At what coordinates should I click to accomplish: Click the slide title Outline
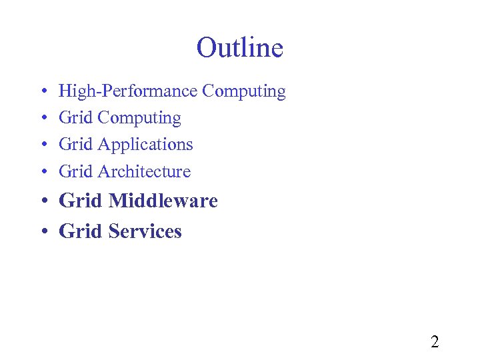pos(240,48)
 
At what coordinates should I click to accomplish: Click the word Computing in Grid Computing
pos(139,119)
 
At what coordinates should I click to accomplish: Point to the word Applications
pos(145,145)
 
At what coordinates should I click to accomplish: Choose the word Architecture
pos(144,171)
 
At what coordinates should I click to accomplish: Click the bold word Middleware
pos(163,201)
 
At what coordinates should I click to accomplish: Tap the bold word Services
pos(145,231)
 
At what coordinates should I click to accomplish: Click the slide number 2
pos(435,342)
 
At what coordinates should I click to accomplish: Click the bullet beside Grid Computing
pos(43,119)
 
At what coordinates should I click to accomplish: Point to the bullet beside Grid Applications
pos(43,145)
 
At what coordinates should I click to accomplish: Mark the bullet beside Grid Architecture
pos(43,172)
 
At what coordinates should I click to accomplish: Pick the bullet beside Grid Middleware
pos(43,201)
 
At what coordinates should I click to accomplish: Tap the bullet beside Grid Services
pos(43,232)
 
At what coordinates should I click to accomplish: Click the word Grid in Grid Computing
pos(76,118)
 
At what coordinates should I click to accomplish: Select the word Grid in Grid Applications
pos(76,145)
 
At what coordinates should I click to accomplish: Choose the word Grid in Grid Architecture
pos(76,171)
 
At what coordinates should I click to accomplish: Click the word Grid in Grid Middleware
pos(81,201)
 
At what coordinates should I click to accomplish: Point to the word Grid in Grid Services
pos(81,231)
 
